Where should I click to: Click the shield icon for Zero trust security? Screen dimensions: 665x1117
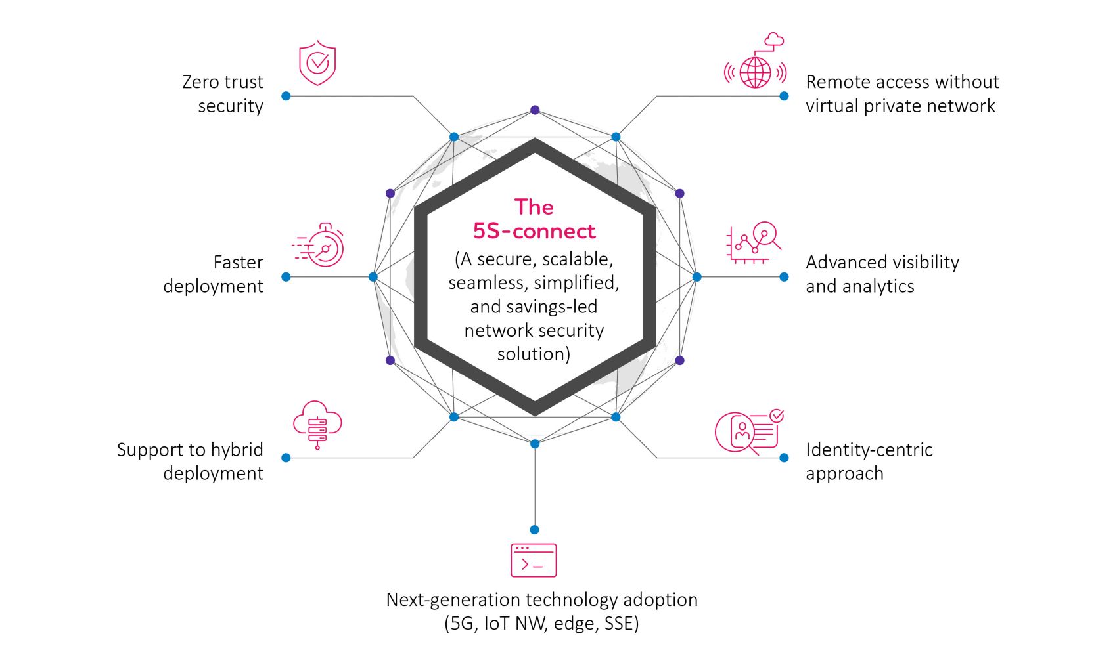[317, 63]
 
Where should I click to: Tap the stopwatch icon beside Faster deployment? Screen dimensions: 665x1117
[321, 246]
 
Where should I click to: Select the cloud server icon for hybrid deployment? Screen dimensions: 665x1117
[317, 424]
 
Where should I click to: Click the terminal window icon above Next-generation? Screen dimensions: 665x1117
[534, 560]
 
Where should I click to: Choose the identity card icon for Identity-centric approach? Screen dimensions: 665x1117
[748, 431]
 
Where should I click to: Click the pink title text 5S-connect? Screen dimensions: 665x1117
[534, 231]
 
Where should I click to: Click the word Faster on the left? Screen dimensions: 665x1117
[238, 263]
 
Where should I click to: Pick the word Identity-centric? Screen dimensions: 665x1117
[869, 450]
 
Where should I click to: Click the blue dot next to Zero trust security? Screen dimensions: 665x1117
[286, 96]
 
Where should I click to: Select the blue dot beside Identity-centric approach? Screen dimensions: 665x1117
[784, 458]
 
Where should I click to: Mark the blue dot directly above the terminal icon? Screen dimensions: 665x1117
[534, 530]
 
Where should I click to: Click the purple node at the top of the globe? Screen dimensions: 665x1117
[535, 110]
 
